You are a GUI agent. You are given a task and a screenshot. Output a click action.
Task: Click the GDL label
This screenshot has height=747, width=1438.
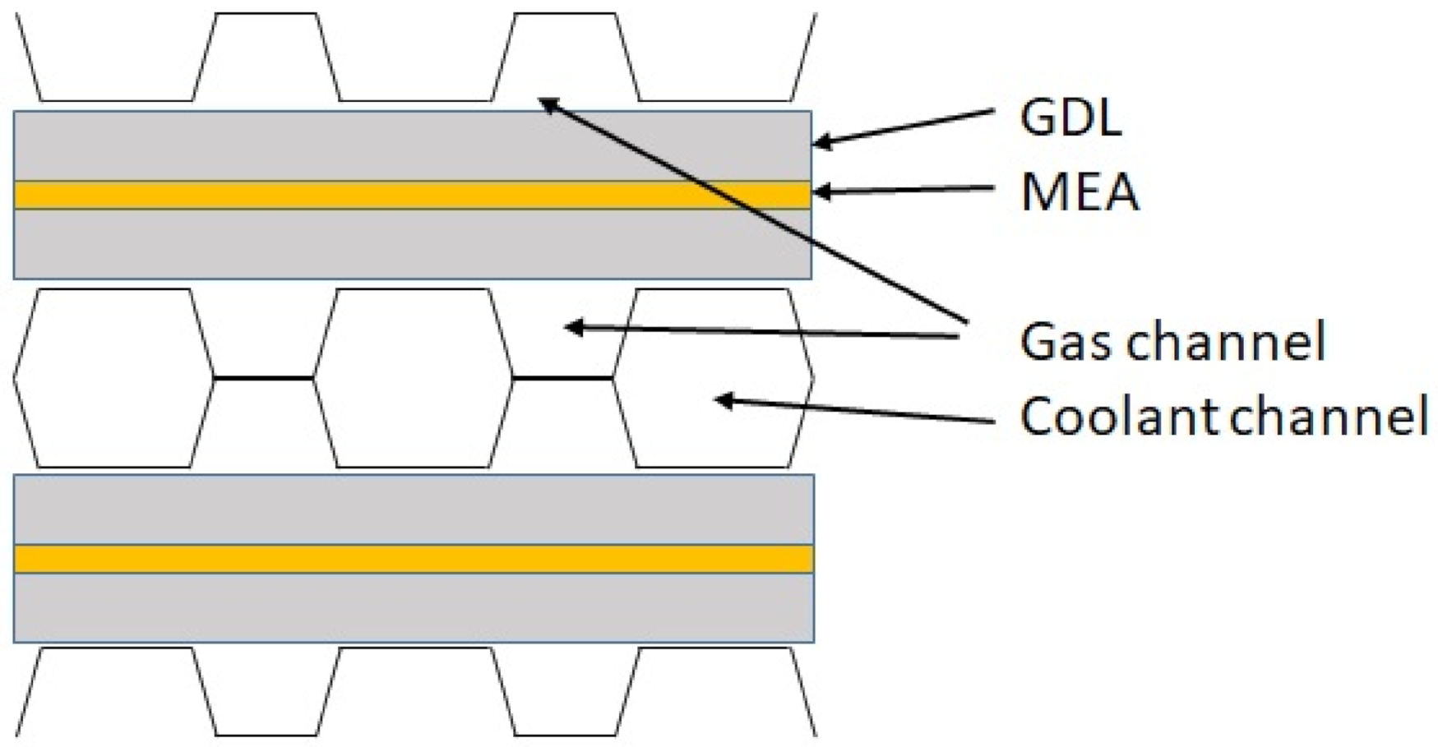(x=1070, y=118)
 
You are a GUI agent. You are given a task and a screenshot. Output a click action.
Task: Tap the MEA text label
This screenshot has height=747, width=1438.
(x=1080, y=193)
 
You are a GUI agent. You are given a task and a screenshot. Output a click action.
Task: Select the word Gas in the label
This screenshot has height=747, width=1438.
(x=1067, y=341)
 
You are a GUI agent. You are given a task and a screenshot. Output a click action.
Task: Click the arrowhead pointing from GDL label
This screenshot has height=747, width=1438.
(x=821, y=143)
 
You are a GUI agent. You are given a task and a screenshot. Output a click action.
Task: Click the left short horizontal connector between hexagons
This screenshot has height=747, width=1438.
(x=264, y=378)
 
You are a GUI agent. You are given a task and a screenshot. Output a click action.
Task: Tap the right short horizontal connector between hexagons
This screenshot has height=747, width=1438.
(x=563, y=378)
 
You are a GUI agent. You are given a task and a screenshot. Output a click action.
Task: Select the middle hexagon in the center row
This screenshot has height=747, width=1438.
(x=413, y=378)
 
